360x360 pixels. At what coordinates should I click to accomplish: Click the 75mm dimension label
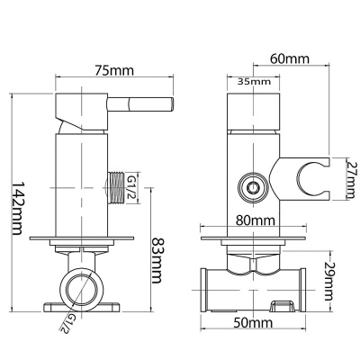[x=114, y=71]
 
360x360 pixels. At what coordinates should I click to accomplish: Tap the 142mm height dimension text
[x=16, y=208]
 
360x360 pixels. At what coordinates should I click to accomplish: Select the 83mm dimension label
[x=157, y=260]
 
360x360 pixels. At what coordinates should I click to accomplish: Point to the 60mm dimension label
[x=290, y=58]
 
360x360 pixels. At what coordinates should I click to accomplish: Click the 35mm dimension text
[x=254, y=81]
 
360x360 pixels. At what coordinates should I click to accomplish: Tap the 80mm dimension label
[x=256, y=220]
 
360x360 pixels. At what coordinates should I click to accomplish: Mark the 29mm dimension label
[x=329, y=281]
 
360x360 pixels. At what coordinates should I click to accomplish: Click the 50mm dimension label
[x=253, y=323]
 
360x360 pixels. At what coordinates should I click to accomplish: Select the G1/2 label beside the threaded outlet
[x=131, y=188]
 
